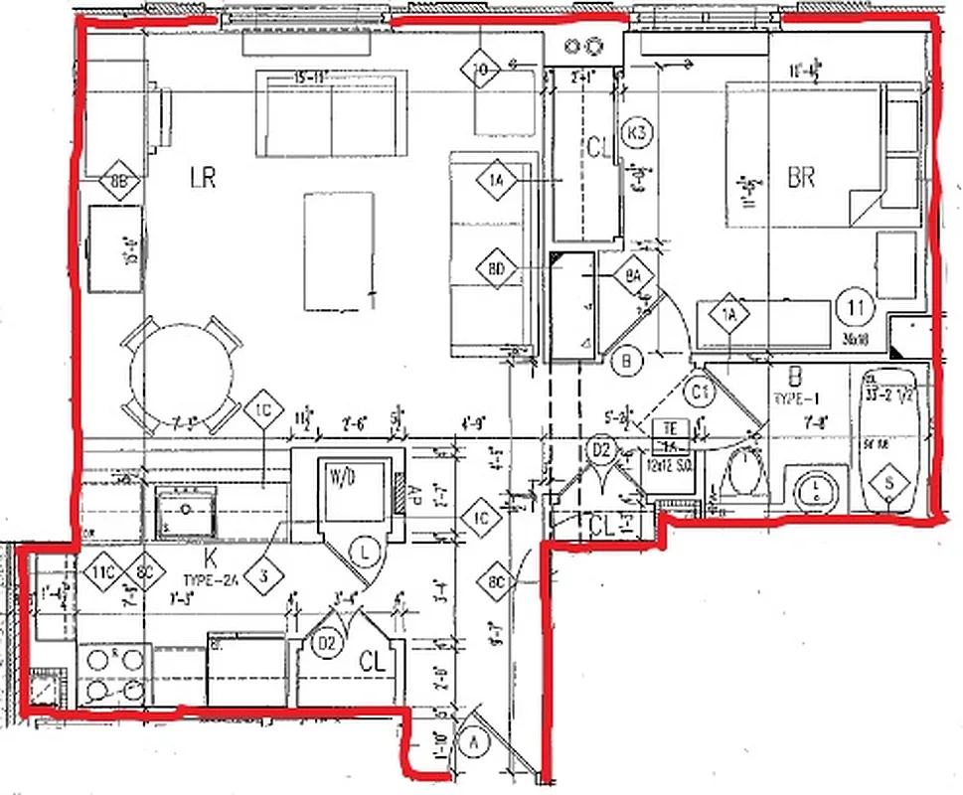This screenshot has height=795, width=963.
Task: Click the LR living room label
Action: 203,178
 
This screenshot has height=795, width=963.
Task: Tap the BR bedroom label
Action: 801,178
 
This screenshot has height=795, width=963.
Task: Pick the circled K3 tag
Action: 636,132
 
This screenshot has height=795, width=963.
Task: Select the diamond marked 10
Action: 481,69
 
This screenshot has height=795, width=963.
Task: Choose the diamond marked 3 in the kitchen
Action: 263,574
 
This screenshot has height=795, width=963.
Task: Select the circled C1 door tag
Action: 700,391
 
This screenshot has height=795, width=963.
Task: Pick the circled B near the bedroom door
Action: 626,361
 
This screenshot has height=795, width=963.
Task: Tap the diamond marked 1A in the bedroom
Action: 730,316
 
